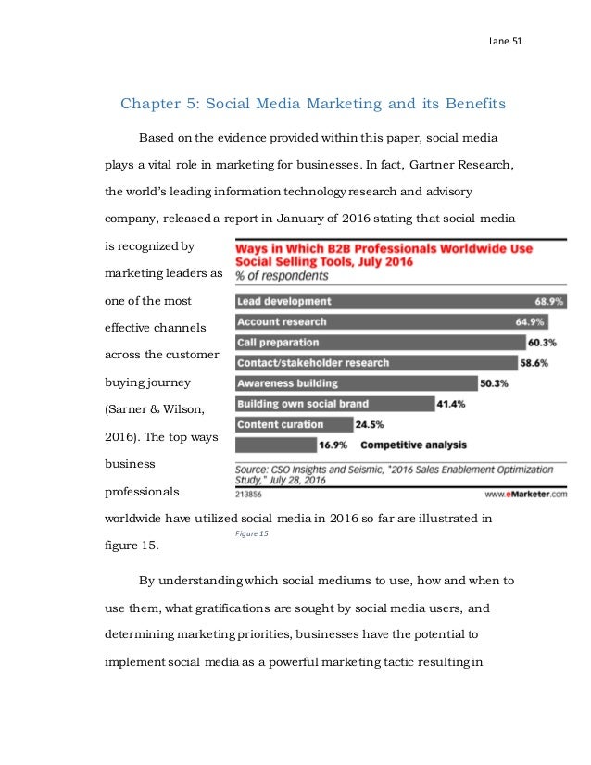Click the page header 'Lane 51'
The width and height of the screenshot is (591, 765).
(505, 42)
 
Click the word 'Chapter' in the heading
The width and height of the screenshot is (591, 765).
(153, 103)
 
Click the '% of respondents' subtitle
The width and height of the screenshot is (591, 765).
(282, 276)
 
